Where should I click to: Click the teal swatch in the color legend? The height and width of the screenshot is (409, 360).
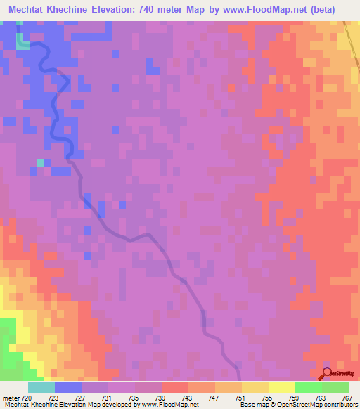[x=41, y=388]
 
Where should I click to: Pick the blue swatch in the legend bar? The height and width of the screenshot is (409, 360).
[x=67, y=388]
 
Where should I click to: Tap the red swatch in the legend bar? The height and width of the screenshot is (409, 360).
[x=174, y=388]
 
